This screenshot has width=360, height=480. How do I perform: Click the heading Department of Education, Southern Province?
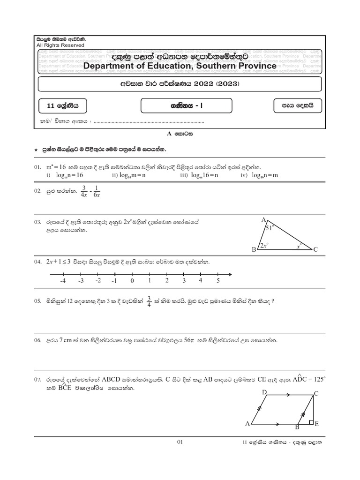click(180, 66)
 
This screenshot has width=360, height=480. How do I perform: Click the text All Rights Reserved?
click(60, 45)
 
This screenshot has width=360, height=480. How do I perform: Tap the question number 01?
click(38, 167)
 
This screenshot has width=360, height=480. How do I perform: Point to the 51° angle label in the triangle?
click(269, 228)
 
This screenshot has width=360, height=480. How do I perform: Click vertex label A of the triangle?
click(263, 220)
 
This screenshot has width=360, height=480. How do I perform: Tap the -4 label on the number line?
click(62, 281)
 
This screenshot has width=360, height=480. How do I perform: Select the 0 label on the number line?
click(132, 281)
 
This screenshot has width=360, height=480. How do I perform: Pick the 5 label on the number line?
click(218, 281)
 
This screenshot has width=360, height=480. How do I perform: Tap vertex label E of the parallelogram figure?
click(317, 424)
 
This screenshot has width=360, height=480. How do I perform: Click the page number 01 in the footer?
click(180, 442)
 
